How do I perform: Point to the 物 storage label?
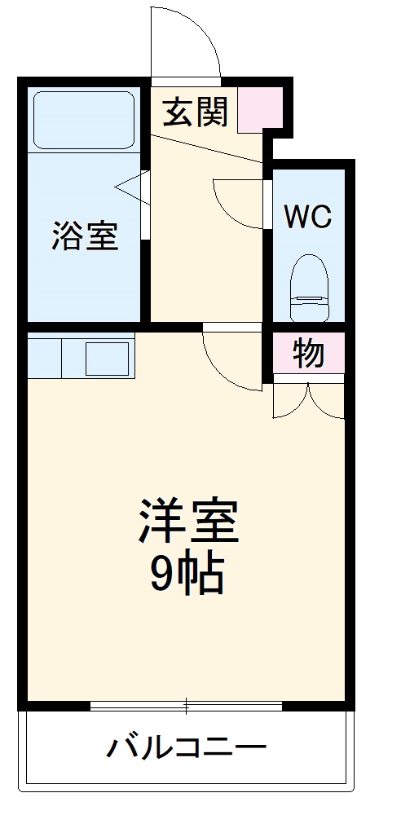(x=309, y=355)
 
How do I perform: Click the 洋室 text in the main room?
(x=188, y=522)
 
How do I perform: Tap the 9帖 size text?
(x=188, y=576)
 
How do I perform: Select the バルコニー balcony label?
(x=188, y=746)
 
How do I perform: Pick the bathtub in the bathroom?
(x=84, y=120)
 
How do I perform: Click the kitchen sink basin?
(x=107, y=358)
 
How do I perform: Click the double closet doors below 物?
(x=309, y=399)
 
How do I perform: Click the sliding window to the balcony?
(x=187, y=706)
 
